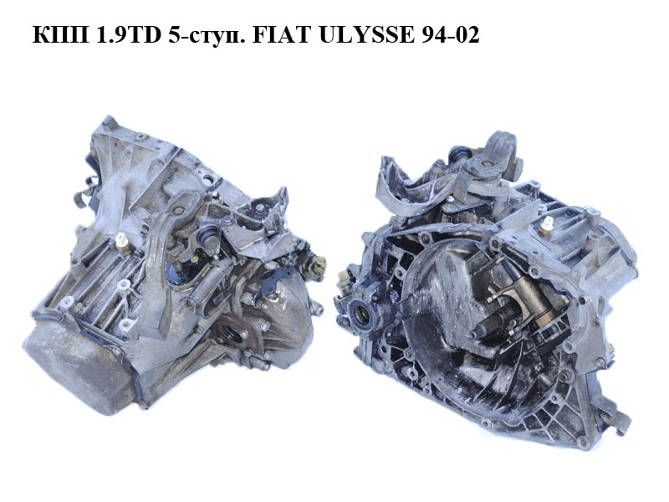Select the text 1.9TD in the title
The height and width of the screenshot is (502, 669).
129,35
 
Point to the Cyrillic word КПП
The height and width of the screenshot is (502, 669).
61,35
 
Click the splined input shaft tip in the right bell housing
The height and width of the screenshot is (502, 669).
477,332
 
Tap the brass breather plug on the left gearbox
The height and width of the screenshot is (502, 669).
121,240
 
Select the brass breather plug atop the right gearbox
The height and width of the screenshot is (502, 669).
545,225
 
